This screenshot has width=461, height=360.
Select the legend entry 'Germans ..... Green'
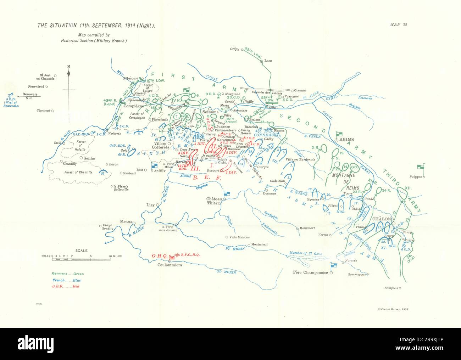(x=68, y=274)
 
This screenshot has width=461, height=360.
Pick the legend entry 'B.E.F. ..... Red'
(x=66, y=286)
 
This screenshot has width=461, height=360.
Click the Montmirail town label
(x=261, y=244)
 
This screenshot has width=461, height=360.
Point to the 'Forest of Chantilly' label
(x=78, y=173)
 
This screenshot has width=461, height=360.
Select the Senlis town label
(x=89, y=158)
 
